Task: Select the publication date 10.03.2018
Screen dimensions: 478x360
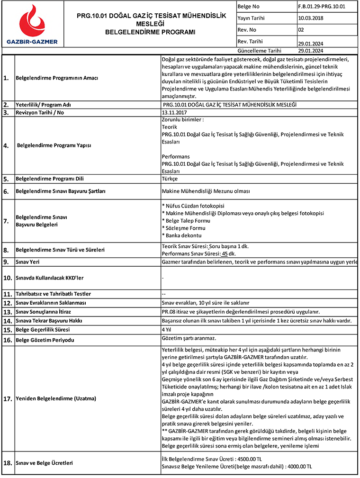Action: point(311,18)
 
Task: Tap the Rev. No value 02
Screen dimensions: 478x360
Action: point(301,30)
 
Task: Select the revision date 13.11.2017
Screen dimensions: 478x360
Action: point(175,113)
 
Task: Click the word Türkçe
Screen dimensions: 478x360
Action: point(170,179)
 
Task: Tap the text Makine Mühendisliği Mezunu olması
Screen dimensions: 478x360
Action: point(206,191)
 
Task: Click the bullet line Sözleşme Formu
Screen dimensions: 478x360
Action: point(182,228)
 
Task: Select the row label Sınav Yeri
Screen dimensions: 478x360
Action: point(28,262)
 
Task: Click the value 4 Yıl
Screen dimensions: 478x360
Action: point(167,329)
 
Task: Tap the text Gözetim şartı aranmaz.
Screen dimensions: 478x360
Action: point(189,339)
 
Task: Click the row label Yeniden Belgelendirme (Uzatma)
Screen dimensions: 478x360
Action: point(56,398)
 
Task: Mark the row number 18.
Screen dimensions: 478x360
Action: point(8,462)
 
